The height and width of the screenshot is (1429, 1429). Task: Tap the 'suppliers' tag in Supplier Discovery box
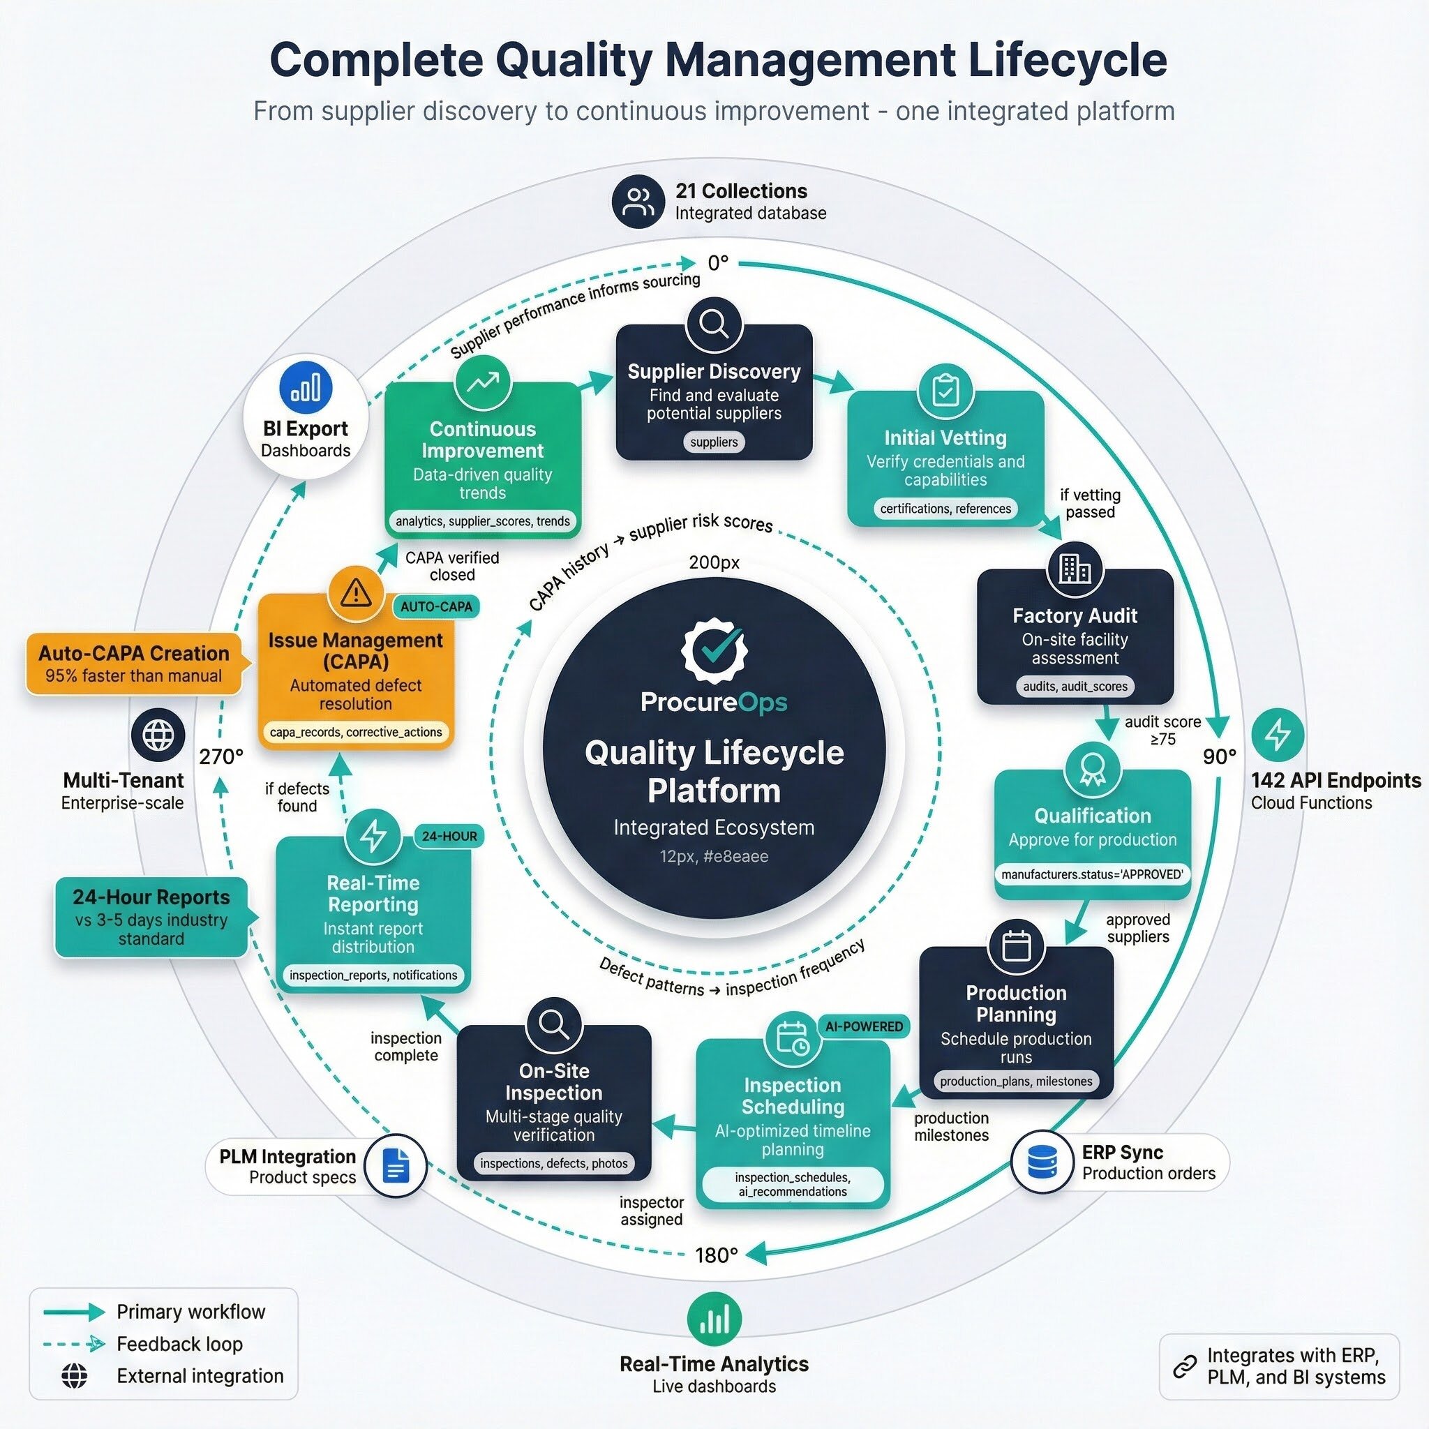click(x=714, y=442)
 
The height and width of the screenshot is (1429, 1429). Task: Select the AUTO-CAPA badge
click(x=435, y=606)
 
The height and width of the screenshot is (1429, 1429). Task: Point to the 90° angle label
click(x=1219, y=756)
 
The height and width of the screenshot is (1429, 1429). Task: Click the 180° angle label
click(x=716, y=1255)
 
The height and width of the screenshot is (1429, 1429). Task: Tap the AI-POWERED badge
click(x=864, y=1026)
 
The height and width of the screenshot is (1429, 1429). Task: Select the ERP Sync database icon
click(x=1043, y=1162)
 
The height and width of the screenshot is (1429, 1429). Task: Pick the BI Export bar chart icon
click(x=306, y=387)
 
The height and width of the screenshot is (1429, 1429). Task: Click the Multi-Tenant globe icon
click(x=158, y=735)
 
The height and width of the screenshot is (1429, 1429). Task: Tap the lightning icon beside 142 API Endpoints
click(x=1278, y=735)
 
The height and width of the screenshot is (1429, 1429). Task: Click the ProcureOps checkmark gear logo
click(x=714, y=649)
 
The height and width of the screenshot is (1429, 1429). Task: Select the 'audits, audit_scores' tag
click(x=1075, y=687)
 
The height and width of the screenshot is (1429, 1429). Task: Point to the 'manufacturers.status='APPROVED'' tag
click(x=1092, y=874)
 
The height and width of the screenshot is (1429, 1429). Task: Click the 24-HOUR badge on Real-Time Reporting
click(x=449, y=837)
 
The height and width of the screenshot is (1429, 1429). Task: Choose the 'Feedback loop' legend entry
click(x=179, y=1344)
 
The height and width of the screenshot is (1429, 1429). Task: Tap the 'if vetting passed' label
click(x=1089, y=504)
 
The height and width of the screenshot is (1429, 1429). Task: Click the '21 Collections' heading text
click(x=740, y=190)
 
